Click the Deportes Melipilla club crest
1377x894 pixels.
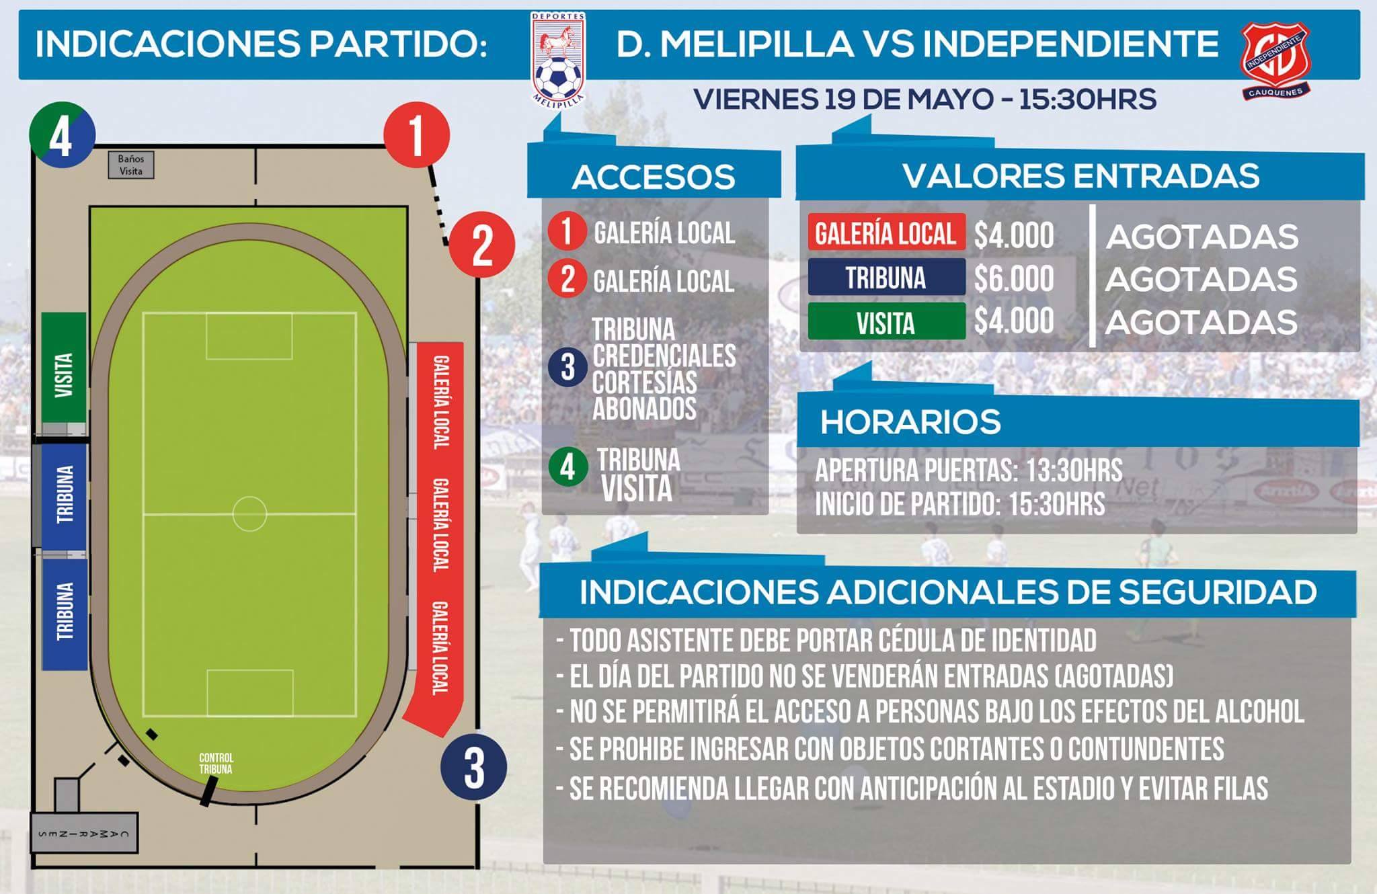pos(558,57)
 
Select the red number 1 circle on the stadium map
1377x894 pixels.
pos(416,135)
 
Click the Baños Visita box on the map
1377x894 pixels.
pos(131,165)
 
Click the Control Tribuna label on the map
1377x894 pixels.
pos(216,764)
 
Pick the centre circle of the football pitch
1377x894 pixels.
pos(249,514)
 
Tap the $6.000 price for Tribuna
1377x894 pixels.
pos(1014,279)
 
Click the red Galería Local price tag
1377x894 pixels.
pos(886,234)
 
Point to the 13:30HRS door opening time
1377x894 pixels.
pos(1074,471)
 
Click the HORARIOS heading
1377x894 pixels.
pos(910,422)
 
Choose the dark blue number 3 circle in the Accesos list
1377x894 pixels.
pos(567,368)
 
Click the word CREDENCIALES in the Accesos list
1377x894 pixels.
pos(664,356)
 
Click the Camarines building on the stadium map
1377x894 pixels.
pos(85,834)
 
